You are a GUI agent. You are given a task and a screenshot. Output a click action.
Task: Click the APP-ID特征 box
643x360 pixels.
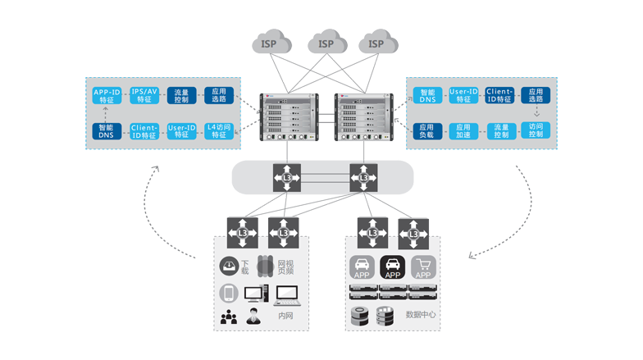[107, 95]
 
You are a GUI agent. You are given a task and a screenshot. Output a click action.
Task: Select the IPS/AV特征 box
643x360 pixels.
[144, 95]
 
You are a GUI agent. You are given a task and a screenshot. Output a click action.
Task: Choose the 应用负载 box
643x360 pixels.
[426, 130]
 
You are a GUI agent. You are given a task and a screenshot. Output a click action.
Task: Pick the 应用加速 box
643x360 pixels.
[463, 130]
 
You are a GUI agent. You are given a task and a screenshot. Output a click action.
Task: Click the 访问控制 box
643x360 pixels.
[536, 130]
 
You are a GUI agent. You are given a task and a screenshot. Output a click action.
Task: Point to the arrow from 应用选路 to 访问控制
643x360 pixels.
[536, 112]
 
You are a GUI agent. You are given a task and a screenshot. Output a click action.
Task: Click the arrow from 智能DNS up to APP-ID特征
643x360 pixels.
[107, 113]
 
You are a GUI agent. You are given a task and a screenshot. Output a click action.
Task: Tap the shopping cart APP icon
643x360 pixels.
[423, 268]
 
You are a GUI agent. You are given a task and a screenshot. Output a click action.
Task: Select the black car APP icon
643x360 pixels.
[393, 268]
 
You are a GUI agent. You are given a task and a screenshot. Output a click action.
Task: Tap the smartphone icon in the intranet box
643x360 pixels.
[228, 293]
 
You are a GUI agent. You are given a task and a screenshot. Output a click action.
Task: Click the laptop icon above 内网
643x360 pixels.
[286, 293]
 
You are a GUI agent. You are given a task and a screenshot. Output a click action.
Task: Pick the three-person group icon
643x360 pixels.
[228, 317]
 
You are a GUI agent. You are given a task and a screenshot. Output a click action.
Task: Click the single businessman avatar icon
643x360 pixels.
[255, 316]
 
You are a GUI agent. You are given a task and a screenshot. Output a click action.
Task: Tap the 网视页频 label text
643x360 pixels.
[284, 265]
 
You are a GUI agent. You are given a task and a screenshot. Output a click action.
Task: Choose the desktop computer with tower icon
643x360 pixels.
[255, 292]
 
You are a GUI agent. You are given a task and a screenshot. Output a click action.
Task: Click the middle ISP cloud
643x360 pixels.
[326, 42]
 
